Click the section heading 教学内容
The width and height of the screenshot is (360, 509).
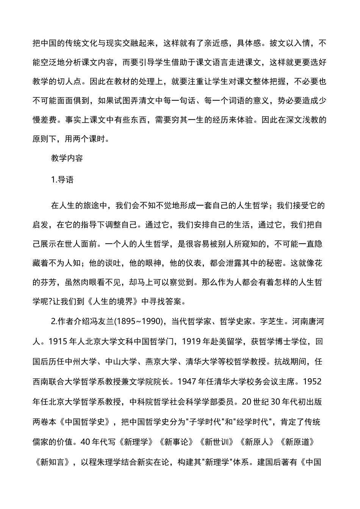point(67,158)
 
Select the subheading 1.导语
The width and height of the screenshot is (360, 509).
point(62,180)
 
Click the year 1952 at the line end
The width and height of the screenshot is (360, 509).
point(313,381)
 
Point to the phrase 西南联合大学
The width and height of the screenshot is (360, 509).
point(56,381)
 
